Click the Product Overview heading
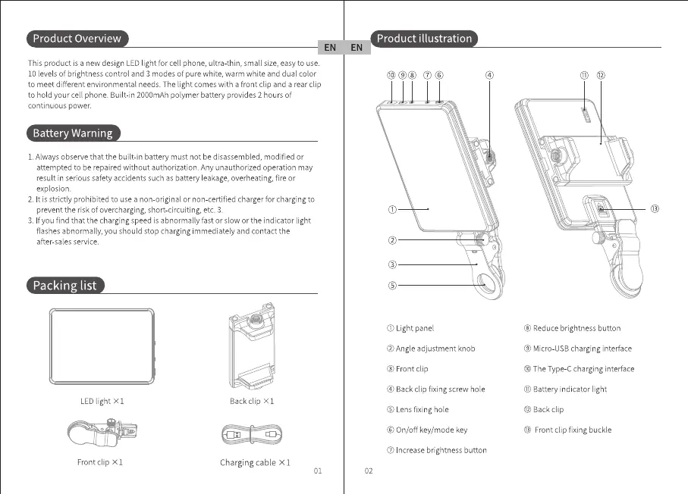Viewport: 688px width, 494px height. pos(77,39)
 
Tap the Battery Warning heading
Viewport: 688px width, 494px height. pos(73,133)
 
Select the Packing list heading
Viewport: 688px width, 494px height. pos(65,286)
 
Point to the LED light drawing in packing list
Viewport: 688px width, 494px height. pos(102,349)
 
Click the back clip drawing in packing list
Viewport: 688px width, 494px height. pos(252,352)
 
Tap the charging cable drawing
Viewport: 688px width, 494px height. pos(252,436)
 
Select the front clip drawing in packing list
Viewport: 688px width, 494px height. pos(99,435)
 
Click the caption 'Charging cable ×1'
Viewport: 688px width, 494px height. pos(255,462)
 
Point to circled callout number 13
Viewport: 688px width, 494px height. pos(655,209)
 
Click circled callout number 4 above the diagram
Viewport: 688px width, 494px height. pos(490,76)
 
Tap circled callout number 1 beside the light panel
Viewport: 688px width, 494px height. pos(392,209)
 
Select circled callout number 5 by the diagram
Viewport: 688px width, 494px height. pos(392,286)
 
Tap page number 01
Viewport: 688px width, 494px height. pos(319,471)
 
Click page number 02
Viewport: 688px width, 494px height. pos(369,471)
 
